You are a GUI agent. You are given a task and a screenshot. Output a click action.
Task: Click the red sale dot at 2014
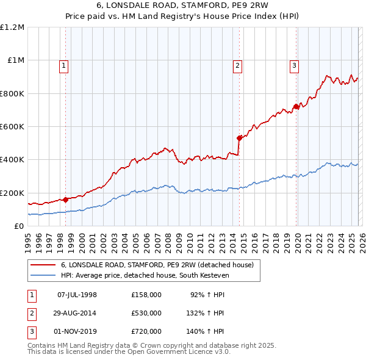(x=239, y=138)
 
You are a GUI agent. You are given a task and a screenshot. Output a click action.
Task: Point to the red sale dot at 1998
(x=65, y=200)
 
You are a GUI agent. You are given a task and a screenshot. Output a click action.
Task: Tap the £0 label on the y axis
(x=19, y=226)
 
